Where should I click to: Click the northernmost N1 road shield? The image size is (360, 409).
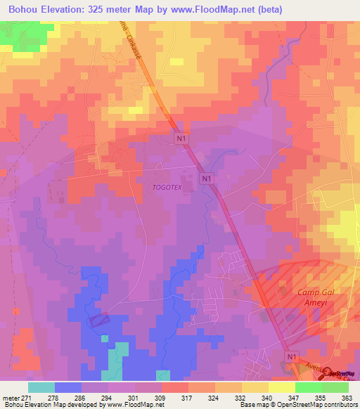(182, 139)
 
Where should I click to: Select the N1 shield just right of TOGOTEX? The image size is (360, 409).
(206, 179)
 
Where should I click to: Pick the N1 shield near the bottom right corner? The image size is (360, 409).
(292, 358)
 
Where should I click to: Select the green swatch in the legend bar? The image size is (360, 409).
(308, 387)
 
